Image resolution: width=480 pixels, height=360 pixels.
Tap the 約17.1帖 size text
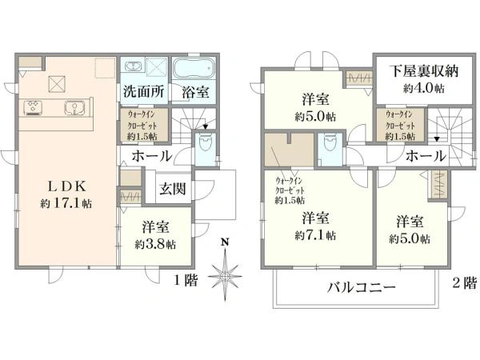[68, 204]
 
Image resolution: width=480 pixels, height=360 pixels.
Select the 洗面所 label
[143, 91]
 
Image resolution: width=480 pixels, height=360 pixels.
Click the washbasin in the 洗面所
[132, 66]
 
